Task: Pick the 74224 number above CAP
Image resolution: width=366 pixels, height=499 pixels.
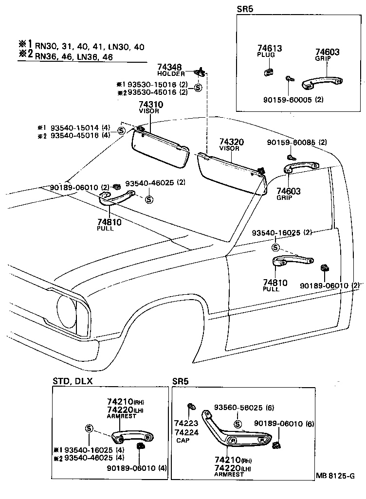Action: [186, 432]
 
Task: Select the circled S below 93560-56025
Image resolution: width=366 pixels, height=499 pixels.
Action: [238, 424]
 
